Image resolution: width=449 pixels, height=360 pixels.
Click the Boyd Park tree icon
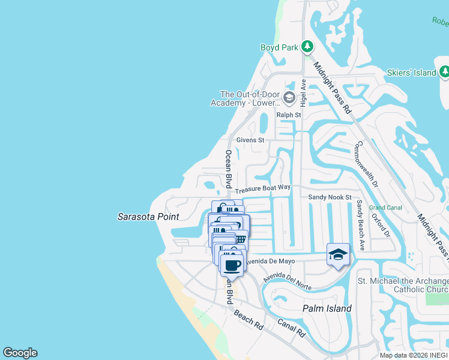[x=307, y=47]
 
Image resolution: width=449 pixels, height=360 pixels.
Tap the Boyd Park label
[x=279, y=47]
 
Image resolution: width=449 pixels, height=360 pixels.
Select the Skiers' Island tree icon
[x=444, y=73]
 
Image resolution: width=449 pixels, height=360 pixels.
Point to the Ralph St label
[x=288, y=115]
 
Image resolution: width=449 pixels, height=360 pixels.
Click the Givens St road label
[x=250, y=140]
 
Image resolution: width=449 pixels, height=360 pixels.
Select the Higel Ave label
[x=303, y=92]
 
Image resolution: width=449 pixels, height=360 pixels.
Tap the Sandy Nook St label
[x=330, y=197]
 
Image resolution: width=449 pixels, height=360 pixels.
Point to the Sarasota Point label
[x=148, y=217]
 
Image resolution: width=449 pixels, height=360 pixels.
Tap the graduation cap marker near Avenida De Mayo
[x=338, y=255]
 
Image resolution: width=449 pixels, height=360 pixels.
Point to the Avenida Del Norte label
[x=287, y=281]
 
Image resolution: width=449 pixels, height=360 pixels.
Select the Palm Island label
[x=326, y=308]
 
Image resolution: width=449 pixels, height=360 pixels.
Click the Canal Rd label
[x=292, y=327]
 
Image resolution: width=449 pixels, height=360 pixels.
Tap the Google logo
[x=20, y=353]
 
